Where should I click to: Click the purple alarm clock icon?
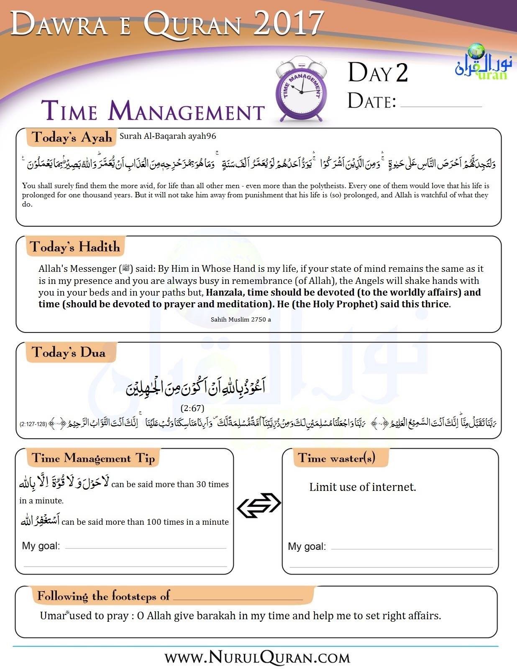(x=301, y=90)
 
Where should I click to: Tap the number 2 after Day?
(x=401, y=73)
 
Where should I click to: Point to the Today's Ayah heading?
(x=72, y=137)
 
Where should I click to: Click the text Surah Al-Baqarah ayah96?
(x=168, y=136)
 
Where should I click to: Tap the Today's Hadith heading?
(x=75, y=247)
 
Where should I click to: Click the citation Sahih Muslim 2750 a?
(x=241, y=319)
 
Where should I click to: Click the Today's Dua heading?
(x=68, y=352)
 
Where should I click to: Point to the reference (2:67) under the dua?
(x=192, y=408)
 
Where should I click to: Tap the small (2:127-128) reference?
(x=33, y=424)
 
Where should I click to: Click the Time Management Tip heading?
(x=93, y=458)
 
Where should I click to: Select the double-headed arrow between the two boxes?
(x=259, y=505)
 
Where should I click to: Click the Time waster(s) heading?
(x=336, y=458)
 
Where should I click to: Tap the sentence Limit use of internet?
(x=363, y=487)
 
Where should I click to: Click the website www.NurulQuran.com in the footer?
(x=257, y=658)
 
